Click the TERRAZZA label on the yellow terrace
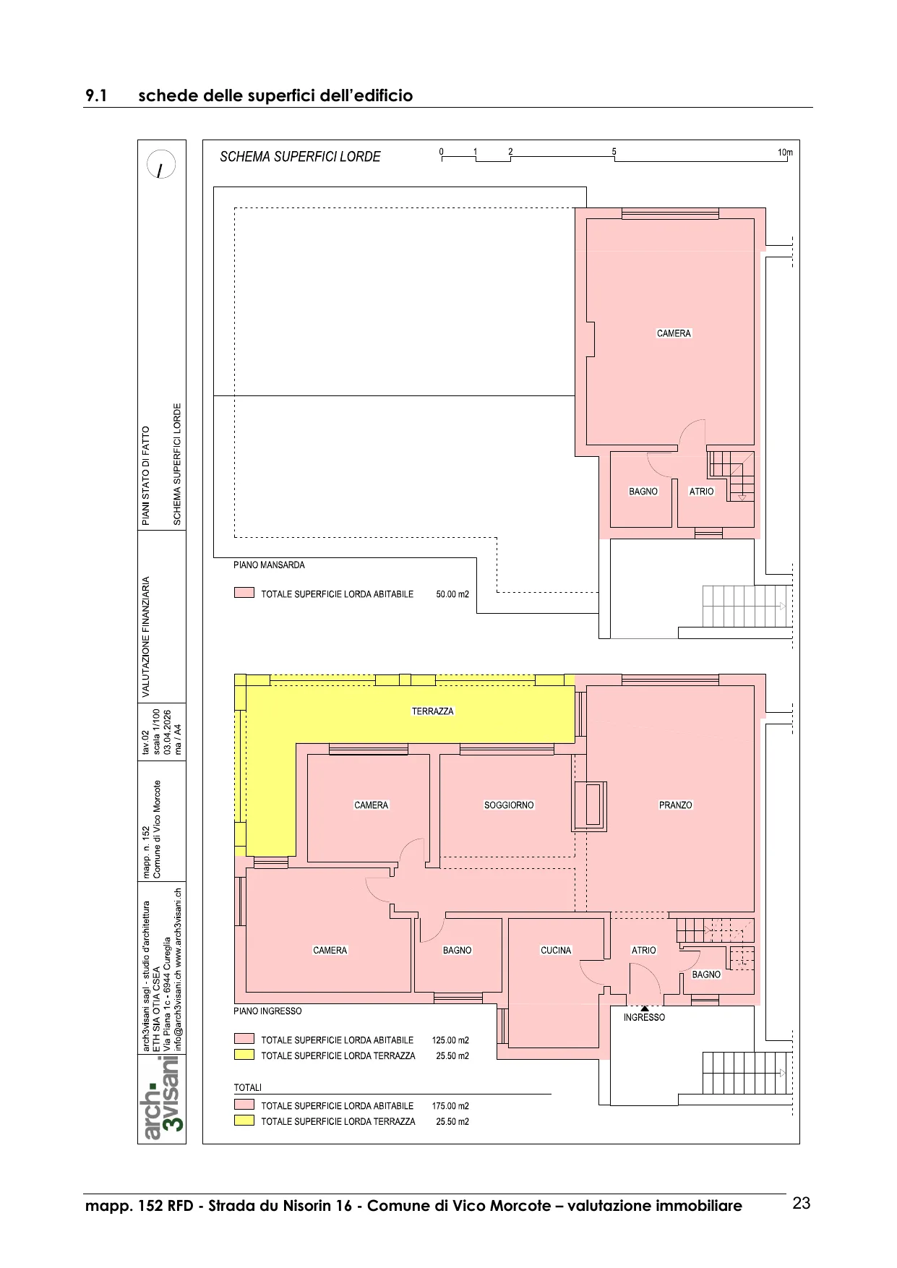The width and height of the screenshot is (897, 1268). pyautogui.click(x=433, y=711)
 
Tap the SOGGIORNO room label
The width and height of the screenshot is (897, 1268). pyautogui.click(x=509, y=805)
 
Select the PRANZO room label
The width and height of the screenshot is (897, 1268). pyautogui.click(x=676, y=805)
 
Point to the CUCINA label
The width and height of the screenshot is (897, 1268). pyautogui.click(x=556, y=951)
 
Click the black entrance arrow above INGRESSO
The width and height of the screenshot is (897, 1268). pyautogui.click(x=645, y=1008)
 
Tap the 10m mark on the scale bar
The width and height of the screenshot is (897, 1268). pyautogui.click(x=785, y=153)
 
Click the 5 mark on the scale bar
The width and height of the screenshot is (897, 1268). pyautogui.click(x=614, y=152)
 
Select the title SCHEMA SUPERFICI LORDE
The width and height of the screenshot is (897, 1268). pyautogui.click(x=300, y=157)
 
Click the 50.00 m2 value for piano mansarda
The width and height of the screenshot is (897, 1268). pyautogui.click(x=452, y=594)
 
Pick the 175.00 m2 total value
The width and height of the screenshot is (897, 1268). pyautogui.click(x=450, y=1106)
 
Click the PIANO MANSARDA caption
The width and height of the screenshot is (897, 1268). pyautogui.click(x=269, y=565)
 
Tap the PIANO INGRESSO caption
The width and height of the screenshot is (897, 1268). pyautogui.click(x=267, y=1011)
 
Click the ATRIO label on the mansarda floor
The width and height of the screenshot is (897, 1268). pyautogui.click(x=701, y=492)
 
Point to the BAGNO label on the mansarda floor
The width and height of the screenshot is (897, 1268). pyautogui.click(x=643, y=492)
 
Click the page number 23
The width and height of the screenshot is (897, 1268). pyautogui.click(x=802, y=1204)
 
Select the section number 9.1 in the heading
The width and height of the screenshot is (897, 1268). pyautogui.click(x=96, y=96)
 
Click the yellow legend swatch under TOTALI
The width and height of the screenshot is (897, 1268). pyautogui.click(x=244, y=1121)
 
